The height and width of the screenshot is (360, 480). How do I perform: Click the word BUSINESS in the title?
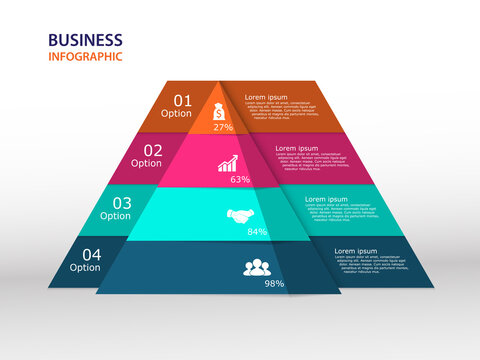(85, 40)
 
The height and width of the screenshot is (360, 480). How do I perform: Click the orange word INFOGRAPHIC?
(85, 57)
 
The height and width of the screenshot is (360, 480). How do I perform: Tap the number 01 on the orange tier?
(183, 100)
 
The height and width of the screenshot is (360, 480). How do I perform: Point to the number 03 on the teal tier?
(115, 202)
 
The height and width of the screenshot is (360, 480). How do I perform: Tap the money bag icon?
(220, 112)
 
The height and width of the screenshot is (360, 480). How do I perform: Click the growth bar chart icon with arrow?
(228, 163)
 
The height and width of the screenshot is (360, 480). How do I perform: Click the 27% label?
(223, 128)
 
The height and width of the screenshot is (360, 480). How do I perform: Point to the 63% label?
(240, 180)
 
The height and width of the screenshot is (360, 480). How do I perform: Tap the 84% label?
(257, 232)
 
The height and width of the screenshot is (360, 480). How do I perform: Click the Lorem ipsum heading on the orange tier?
(266, 98)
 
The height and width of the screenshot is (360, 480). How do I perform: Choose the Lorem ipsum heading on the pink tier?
(296, 148)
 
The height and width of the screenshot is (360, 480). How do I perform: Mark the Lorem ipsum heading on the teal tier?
(326, 199)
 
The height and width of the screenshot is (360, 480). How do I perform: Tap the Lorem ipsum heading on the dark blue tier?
(355, 251)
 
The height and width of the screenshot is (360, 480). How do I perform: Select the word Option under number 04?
(85, 267)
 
